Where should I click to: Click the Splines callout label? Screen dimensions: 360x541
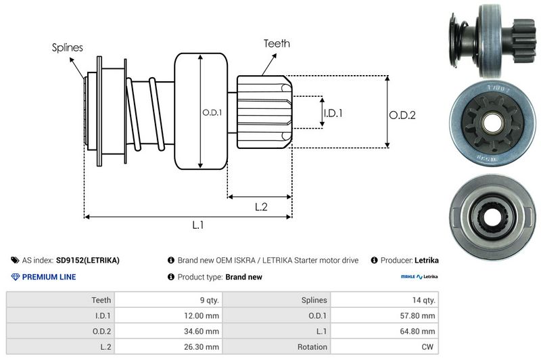67,48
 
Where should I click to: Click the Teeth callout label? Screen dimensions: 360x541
277,43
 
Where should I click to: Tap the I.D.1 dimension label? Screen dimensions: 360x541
333,113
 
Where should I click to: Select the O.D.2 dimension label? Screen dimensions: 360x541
402,115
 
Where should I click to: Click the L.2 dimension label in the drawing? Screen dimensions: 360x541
261,207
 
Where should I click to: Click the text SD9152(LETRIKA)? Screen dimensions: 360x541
88,260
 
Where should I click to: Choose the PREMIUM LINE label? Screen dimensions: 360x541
49,277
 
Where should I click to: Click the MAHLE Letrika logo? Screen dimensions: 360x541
419,277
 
